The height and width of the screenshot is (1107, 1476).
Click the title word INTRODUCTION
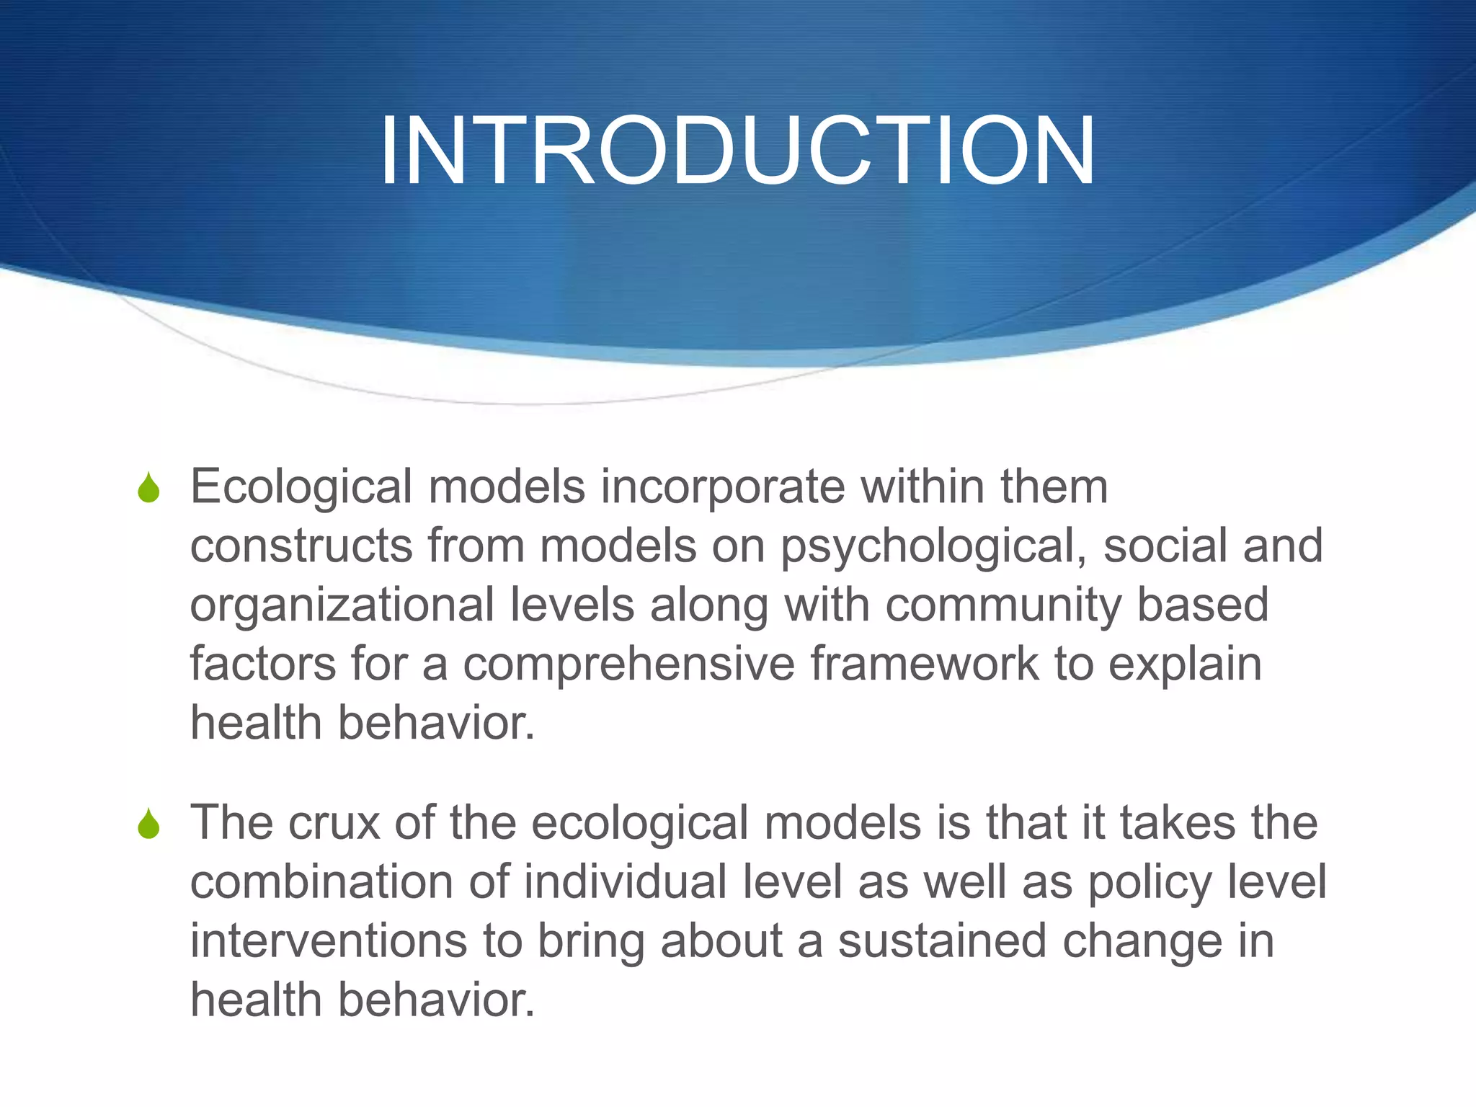coord(737,151)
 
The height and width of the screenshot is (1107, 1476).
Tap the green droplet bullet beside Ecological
coord(148,488)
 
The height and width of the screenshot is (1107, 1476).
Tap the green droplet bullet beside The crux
coord(148,824)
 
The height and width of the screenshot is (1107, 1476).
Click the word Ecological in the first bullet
coord(301,488)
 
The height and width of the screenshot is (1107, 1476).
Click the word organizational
coord(342,605)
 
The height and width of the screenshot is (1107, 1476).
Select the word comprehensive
coord(628,664)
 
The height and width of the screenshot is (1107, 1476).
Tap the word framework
coord(924,664)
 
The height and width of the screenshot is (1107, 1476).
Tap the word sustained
coord(941,941)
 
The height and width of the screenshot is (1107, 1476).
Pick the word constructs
coord(301,546)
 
